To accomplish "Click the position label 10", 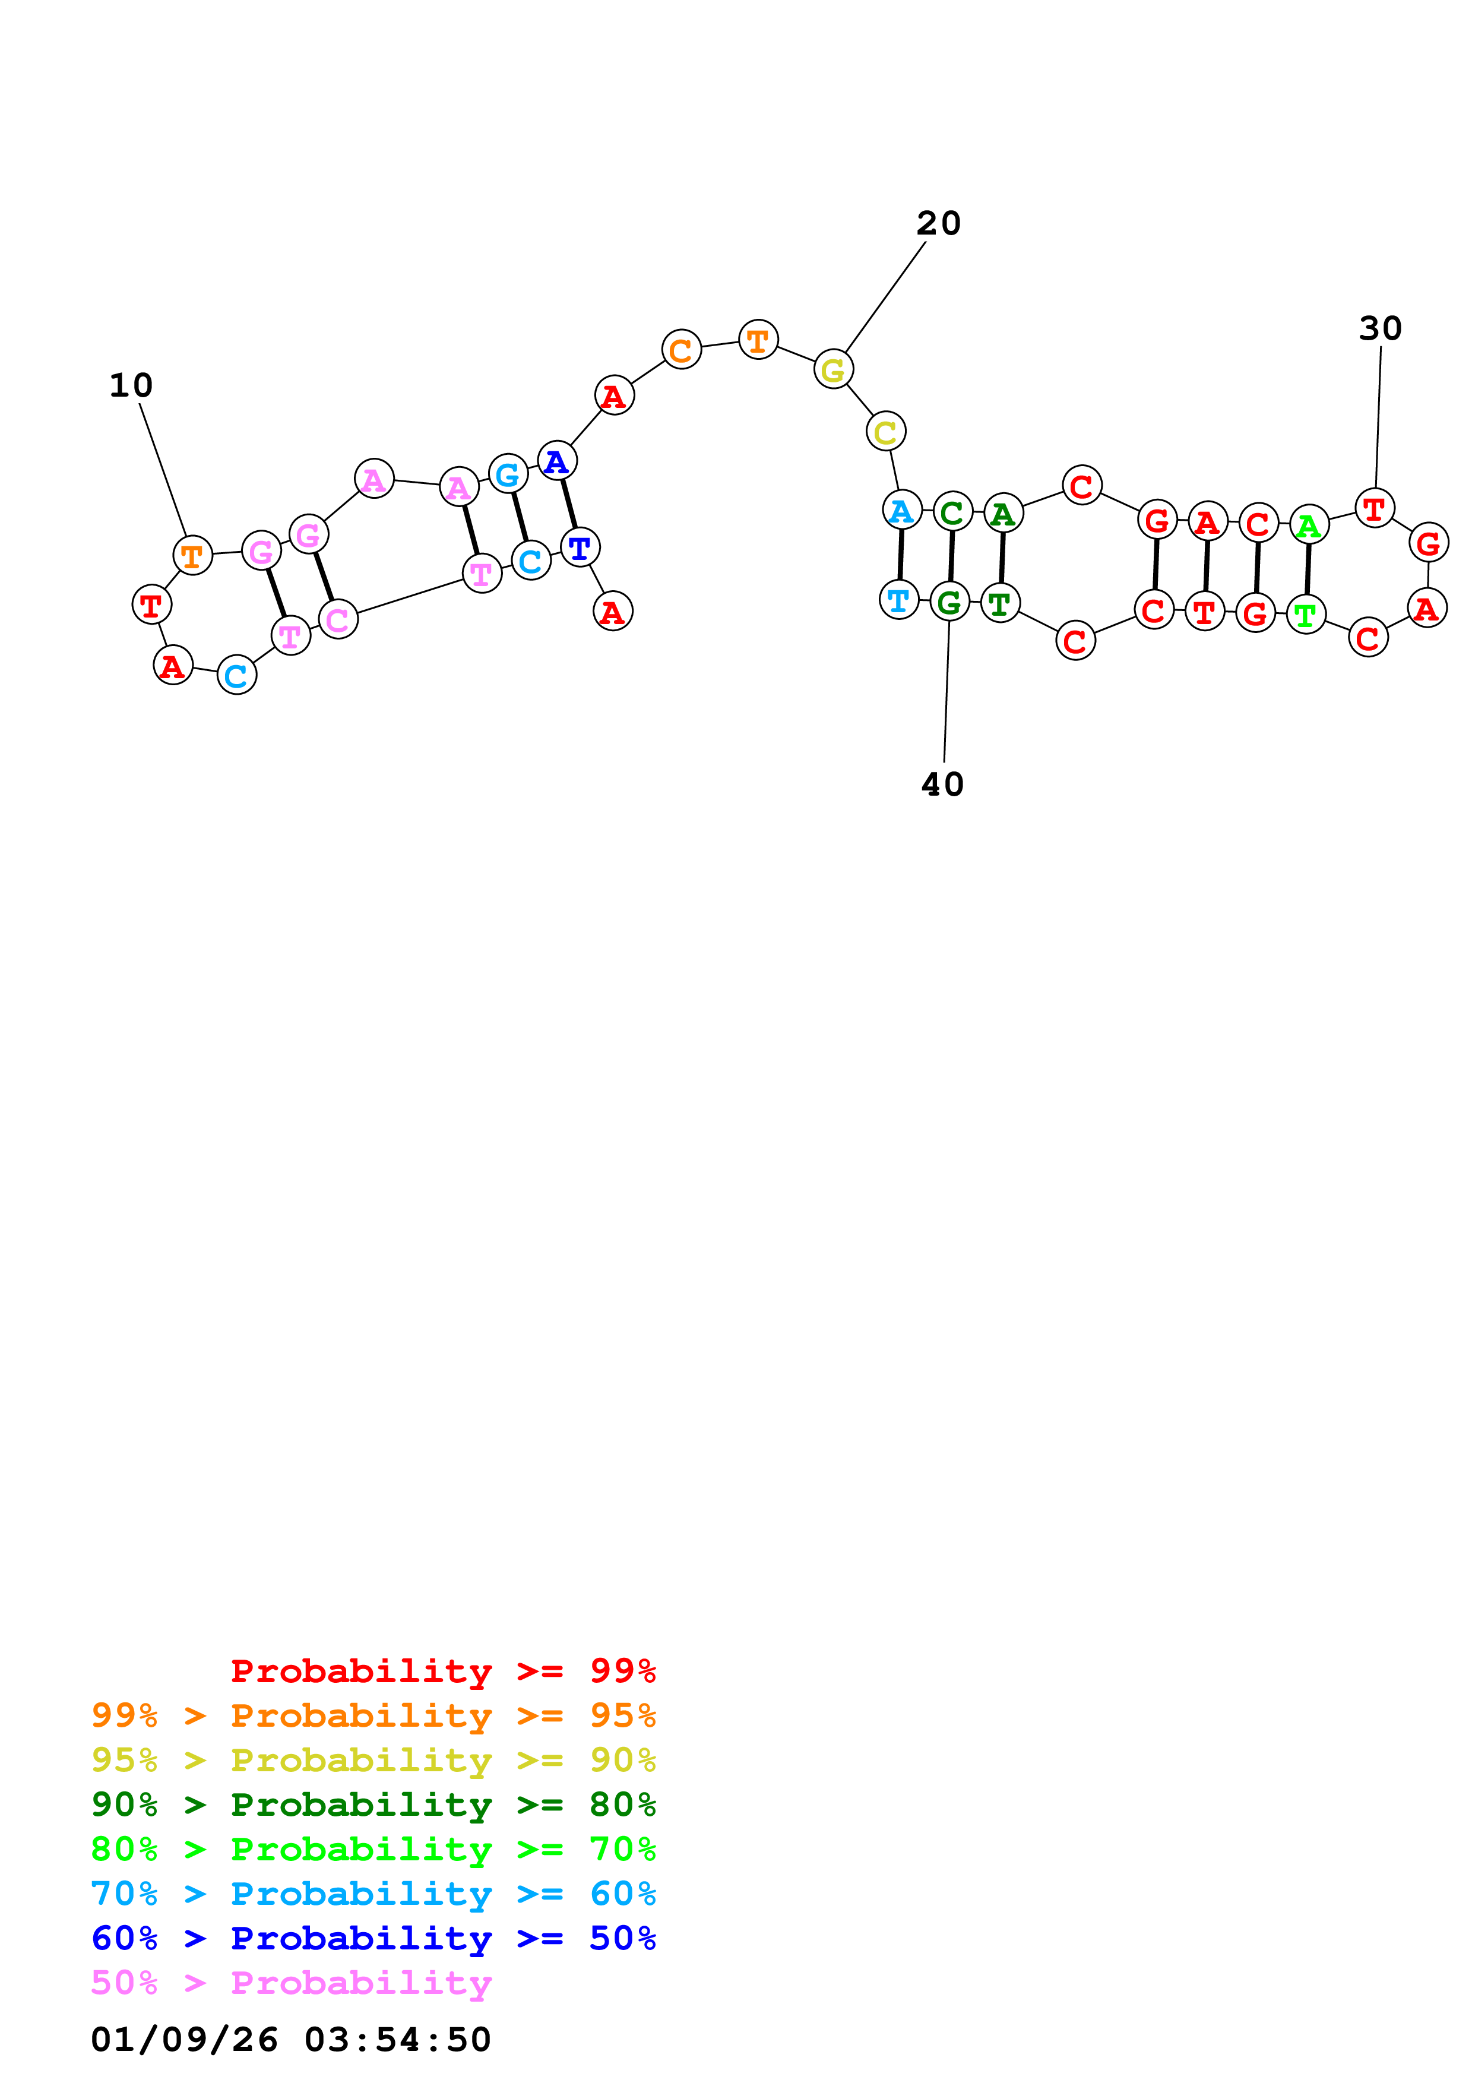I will pyautogui.click(x=131, y=385).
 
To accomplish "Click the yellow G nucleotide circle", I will pyautogui.click(x=832, y=369).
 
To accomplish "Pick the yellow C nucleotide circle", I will pyautogui.click(x=885, y=432).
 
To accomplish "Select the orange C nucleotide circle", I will pyautogui.click(x=681, y=350).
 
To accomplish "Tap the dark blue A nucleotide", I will pyautogui.click(x=557, y=462).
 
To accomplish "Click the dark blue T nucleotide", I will pyautogui.click(x=580, y=548).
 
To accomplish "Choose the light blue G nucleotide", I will pyautogui.click(x=508, y=474).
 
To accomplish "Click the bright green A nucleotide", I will pyautogui.click(x=1308, y=526).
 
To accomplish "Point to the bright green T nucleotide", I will pyautogui.click(x=1305, y=615).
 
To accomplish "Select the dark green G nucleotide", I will pyautogui.click(x=949, y=603).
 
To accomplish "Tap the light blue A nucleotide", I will pyautogui.click(x=901, y=511).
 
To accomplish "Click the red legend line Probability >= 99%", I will pyautogui.click(x=442, y=1671).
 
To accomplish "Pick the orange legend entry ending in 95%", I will pyautogui.click(x=373, y=1715).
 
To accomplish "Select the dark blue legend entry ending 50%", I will pyautogui.click(x=373, y=1939).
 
